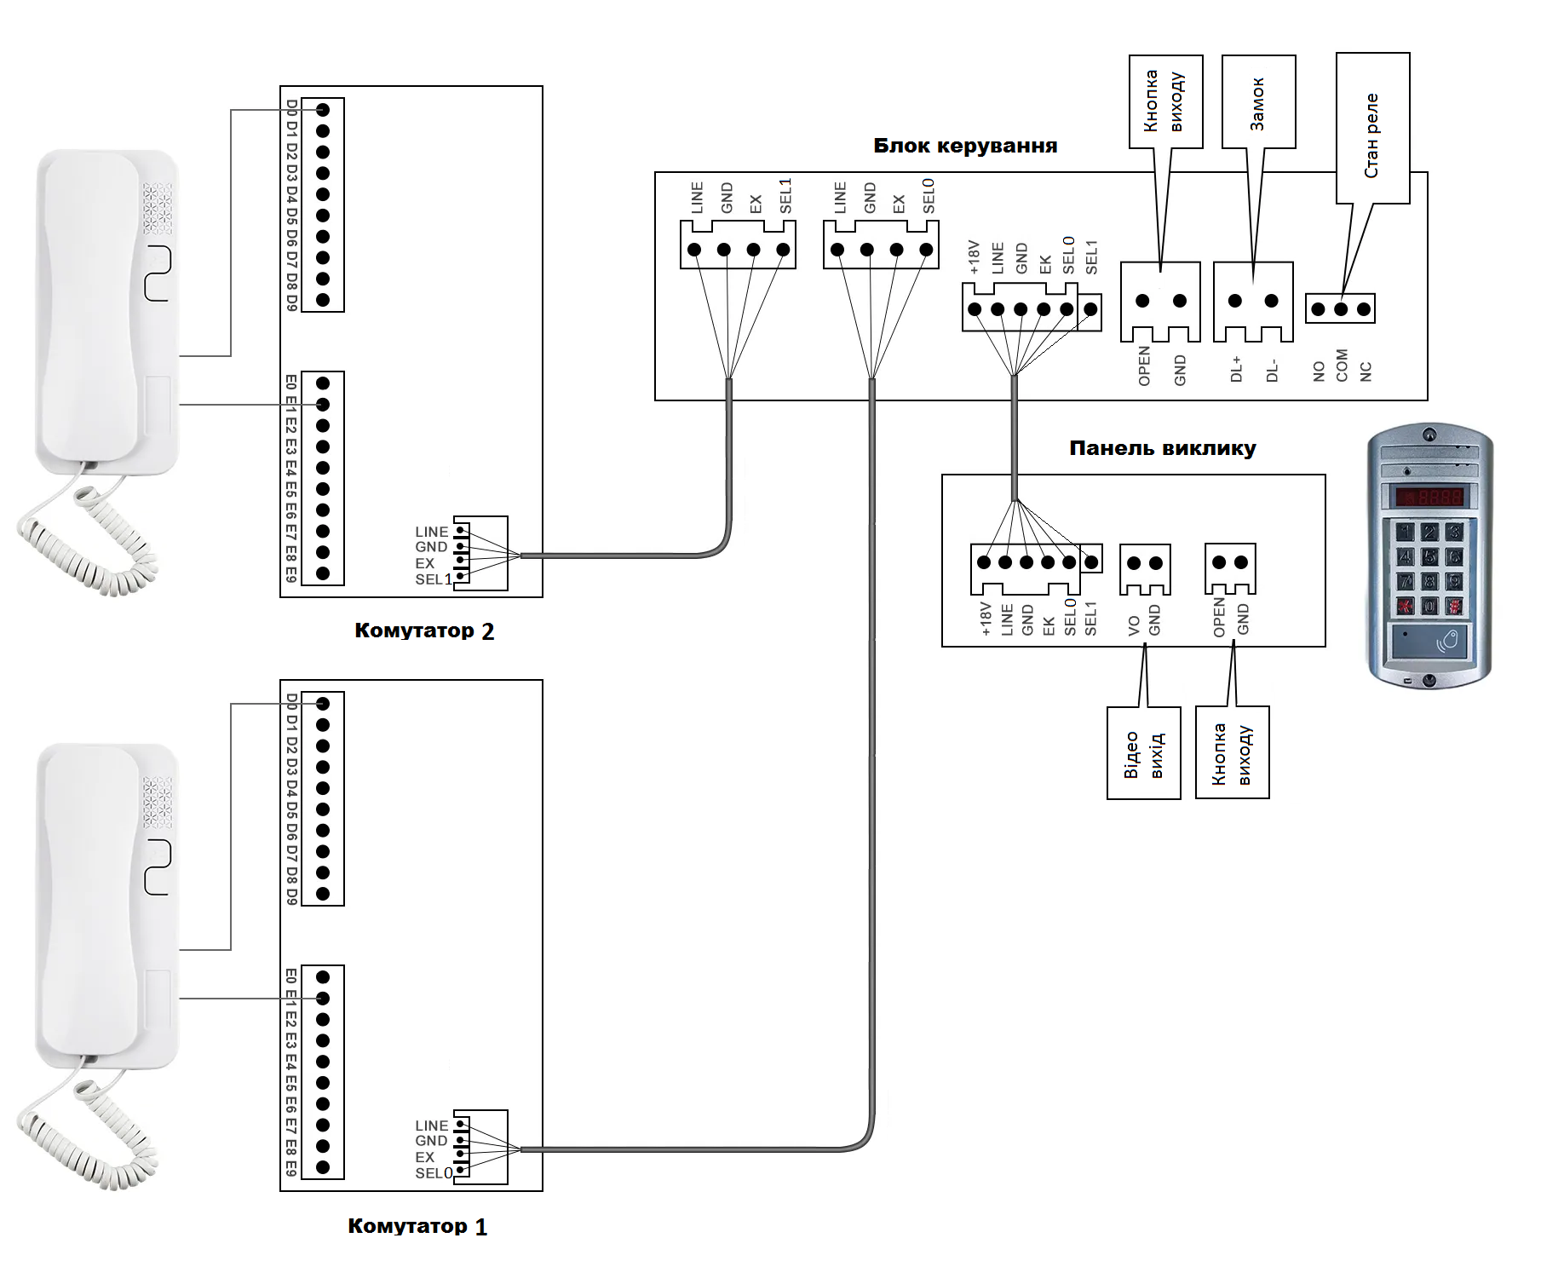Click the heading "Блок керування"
pyautogui.click(x=965, y=146)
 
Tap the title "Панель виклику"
pyautogui.click(x=1162, y=448)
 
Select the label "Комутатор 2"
pyautogui.click(x=424, y=630)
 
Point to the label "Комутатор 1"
pyautogui.click(x=417, y=1226)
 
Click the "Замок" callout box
pyautogui.click(x=1258, y=102)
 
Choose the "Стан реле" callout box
pyautogui.click(x=1372, y=129)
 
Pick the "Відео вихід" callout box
pyautogui.click(x=1143, y=753)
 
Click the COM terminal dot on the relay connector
pyautogui.click(x=1341, y=309)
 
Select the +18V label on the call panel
pyautogui.click(x=986, y=619)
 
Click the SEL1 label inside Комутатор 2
pyautogui.click(x=434, y=579)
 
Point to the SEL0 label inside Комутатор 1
pyautogui.click(x=434, y=1173)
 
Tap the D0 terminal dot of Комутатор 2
pyautogui.click(x=323, y=110)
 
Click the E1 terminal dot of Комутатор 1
pyautogui.click(x=323, y=999)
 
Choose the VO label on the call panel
pyautogui.click(x=1134, y=626)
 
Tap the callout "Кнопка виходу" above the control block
pyautogui.click(x=1165, y=102)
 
